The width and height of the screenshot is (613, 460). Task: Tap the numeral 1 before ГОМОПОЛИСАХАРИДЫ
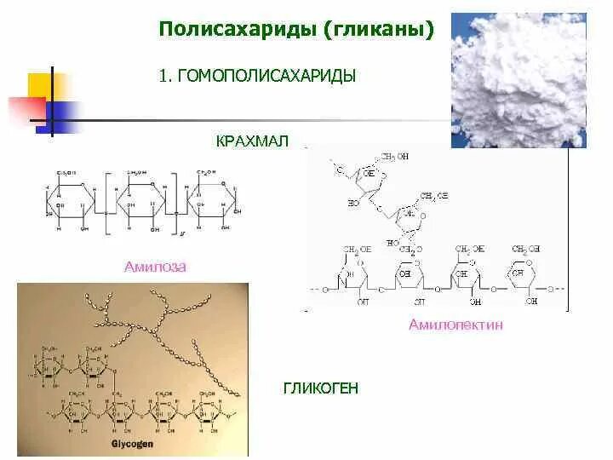[x=163, y=76]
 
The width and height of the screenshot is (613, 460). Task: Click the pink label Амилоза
[x=155, y=267]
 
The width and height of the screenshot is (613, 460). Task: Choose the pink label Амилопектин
[x=455, y=325]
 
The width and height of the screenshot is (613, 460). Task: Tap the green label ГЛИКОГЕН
[x=321, y=388]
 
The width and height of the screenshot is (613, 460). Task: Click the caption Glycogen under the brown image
[x=132, y=445]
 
